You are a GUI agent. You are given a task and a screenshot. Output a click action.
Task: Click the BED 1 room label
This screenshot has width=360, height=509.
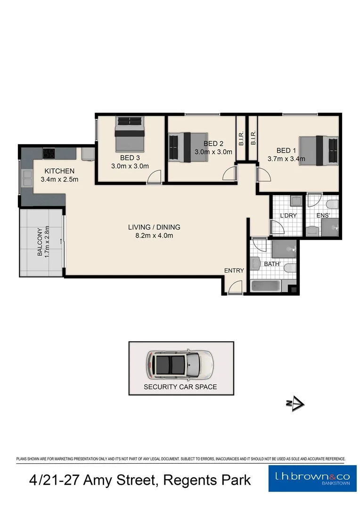286,150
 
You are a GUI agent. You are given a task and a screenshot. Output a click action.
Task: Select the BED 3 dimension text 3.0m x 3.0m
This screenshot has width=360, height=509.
130,166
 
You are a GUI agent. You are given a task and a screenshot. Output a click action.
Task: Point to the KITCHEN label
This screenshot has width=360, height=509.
59,171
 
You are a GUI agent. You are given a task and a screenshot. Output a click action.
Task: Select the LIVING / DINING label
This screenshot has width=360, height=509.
154,227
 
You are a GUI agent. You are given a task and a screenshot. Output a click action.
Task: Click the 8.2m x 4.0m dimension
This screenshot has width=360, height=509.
154,236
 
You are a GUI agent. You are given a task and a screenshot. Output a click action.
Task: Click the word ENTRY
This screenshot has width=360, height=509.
234,270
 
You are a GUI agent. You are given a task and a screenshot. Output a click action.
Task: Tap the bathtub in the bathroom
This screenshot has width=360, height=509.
266,286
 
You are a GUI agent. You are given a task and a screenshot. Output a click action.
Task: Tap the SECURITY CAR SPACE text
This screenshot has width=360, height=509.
180,386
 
